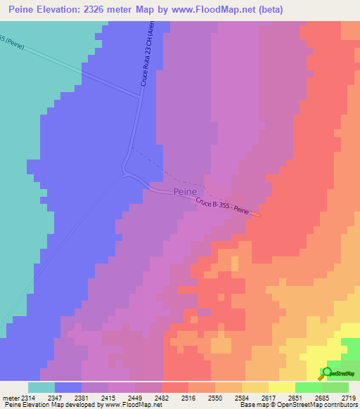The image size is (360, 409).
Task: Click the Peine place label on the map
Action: [186, 191]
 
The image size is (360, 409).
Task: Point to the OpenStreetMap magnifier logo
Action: [326, 372]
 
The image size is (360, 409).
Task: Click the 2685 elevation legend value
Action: [321, 397]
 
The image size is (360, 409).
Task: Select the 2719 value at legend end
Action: [348, 397]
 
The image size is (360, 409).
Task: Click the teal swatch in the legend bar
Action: [41, 387]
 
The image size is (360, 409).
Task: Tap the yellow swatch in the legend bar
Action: [281, 387]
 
